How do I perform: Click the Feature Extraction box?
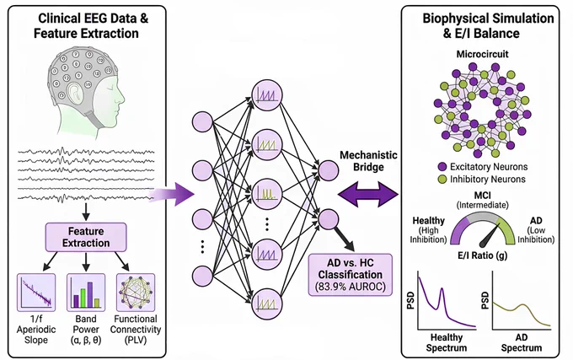click(86, 237)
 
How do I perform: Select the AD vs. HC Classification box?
click(350, 275)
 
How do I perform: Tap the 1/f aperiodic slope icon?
click(36, 293)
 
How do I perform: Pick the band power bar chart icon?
click(86, 293)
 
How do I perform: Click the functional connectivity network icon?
click(136, 293)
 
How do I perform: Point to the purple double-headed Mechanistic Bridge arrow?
click(368, 194)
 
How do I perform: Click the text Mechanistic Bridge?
click(368, 161)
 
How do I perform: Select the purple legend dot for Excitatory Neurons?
click(442, 167)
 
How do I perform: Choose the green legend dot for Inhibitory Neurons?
click(442, 180)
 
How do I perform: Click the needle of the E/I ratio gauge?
click(490, 237)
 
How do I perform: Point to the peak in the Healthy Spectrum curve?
click(442, 288)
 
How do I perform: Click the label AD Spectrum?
click(522, 342)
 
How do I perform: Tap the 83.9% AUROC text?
click(350, 287)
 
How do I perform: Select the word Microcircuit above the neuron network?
click(482, 54)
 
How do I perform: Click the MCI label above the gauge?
click(482, 195)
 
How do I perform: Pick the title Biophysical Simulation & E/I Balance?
click(488, 25)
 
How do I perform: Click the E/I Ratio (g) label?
click(482, 255)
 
